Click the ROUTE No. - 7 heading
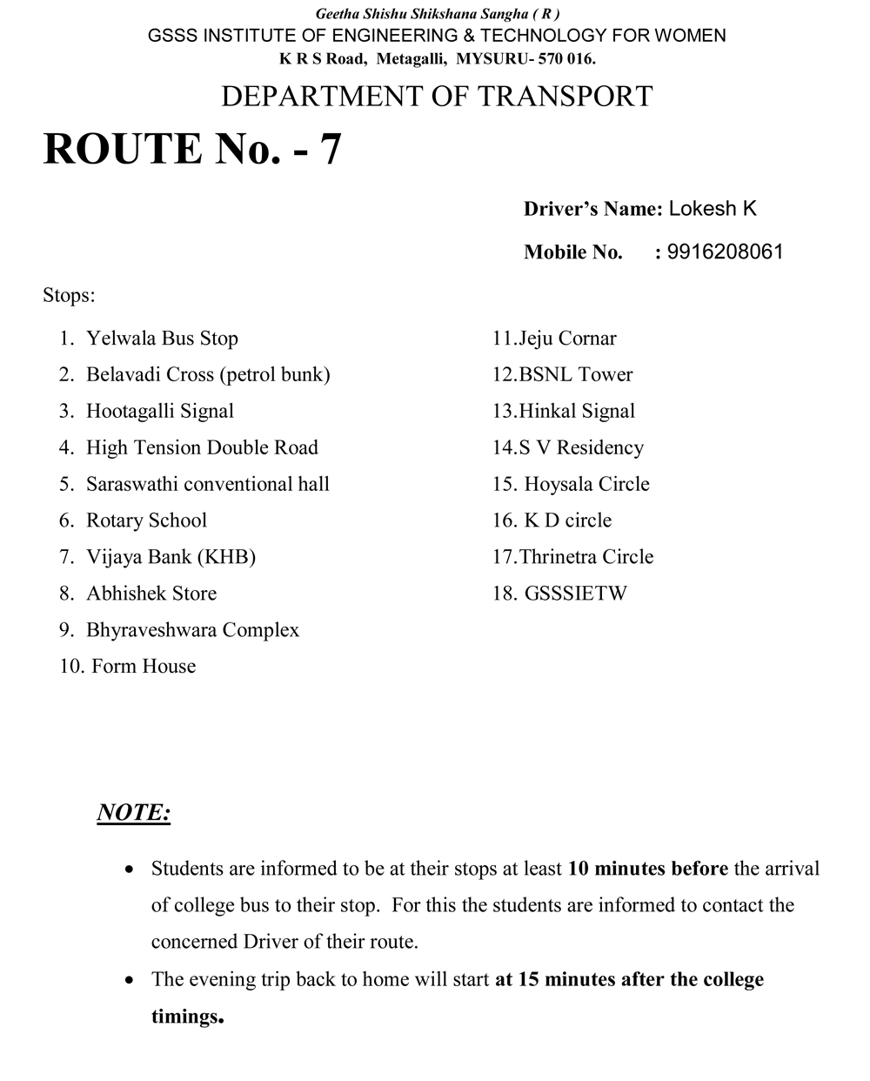[x=192, y=149]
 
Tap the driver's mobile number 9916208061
[x=725, y=252]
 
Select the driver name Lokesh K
[x=713, y=209]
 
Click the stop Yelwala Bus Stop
[x=162, y=339]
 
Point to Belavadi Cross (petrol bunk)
[x=208, y=375]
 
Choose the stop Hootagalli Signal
[x=160, y=412]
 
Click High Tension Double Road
[x=202, y=448]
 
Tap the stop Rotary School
[x=146, y=521]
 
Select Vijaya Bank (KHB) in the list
[x=171, y=558]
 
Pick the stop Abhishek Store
[x=151, y=594]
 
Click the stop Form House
[x=144, y=668]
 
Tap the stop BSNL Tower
[x=575, y=375]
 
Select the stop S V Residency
[x=581, y=448]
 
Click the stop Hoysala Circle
[x=586, y=485]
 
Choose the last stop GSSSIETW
[x=575, y=594]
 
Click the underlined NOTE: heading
[x=133, y=813]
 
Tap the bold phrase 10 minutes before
[x=648, y=869]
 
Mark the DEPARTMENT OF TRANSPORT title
[x=437, y=96]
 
